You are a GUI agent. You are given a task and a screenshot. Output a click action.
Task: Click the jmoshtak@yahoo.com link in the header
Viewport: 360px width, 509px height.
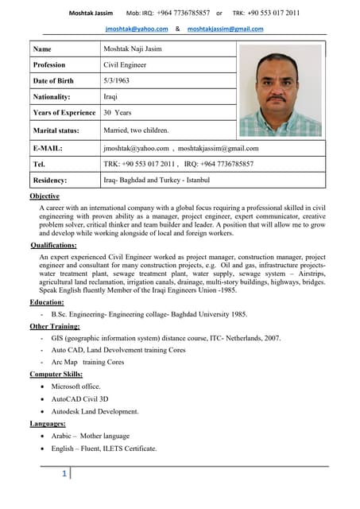click(137, 29)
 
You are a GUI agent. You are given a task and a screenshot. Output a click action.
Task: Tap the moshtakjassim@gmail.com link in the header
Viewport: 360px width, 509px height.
click(225, 29)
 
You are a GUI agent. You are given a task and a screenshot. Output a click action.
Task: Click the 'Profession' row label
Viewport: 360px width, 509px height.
click(49, 65)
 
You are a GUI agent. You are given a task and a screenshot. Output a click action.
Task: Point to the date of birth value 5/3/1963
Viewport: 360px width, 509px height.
click(119, 81)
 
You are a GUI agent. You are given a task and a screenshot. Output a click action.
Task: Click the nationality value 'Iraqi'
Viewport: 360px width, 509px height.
click(111, 97)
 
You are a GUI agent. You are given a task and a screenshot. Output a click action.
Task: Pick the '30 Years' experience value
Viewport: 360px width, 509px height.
click(118, 113)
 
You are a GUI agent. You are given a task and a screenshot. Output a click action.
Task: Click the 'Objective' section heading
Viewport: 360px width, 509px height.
click(45, 196)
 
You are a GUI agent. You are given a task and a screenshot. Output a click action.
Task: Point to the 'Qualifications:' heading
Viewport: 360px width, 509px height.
click(53, 246)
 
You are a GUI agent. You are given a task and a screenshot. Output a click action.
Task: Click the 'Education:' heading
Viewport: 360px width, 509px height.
click(47, 302)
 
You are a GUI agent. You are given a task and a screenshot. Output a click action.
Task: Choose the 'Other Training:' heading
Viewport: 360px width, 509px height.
click(55, 326)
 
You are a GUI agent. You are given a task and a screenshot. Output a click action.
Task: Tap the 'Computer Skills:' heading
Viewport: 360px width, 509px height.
click(57, 374)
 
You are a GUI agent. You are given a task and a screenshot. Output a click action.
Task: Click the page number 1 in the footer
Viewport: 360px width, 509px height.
click(64, 475)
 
